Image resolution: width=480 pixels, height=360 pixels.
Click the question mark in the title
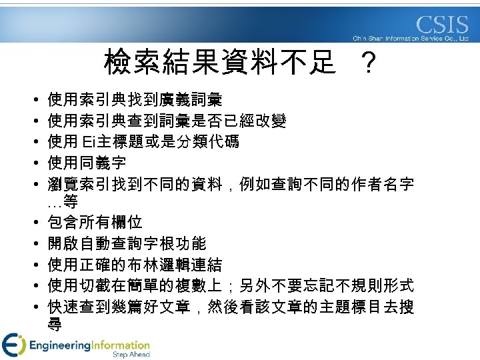[366, 65]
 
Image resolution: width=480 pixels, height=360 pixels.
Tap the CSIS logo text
[442, 25]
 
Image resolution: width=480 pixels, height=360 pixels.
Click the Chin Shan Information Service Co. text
[410, 39]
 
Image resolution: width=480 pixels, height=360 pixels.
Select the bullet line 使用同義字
[87, 162]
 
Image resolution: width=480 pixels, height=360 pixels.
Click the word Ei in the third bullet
[89, 141]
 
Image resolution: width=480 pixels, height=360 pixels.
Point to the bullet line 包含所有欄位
[95, 222]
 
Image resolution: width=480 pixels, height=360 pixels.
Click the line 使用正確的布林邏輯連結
[135, 264]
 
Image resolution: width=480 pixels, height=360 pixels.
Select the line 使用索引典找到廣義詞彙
[135, 100]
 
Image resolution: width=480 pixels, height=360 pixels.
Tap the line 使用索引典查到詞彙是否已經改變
[167, 121]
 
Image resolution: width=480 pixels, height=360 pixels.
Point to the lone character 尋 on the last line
[55, 325]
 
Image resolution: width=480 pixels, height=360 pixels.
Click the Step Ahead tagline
[131, 355]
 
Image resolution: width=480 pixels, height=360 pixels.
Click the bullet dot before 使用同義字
[33, 163]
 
